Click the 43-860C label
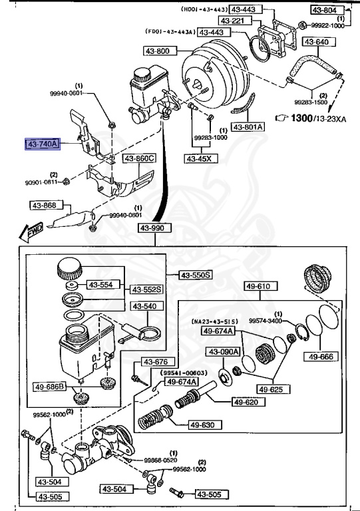pos(139,158)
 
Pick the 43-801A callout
pos(248,126)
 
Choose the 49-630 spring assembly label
pos(200,425)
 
